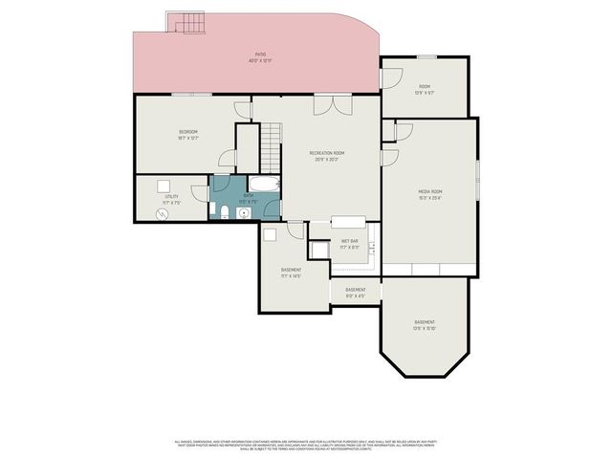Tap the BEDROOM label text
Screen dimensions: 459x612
tap(187, 131)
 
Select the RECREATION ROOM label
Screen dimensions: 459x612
tap(326, 153)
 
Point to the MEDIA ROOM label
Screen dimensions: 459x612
tap(429, 191)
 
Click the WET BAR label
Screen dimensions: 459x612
tap(349, 241)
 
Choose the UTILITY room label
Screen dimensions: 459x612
tap(171, 196)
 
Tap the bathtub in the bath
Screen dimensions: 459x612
tap(265, 185)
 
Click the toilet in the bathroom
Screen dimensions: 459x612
tap(223, 211)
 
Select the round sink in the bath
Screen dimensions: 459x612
tap(245, 213)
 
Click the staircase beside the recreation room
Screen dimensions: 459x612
tap(273, 147)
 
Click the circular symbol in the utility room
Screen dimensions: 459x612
tap(162, 214)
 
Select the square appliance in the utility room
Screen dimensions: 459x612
tap(164, 186)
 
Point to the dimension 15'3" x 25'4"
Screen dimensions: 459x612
tap(429, 198)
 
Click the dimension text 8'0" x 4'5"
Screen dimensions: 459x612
tap(356, 295)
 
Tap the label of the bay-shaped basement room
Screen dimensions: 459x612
tap(425, 321)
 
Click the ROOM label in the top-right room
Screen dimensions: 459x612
tap(425, 86)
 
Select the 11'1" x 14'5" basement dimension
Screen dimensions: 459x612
tap(292, 276)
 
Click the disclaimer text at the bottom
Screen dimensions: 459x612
tap(306, 445)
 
